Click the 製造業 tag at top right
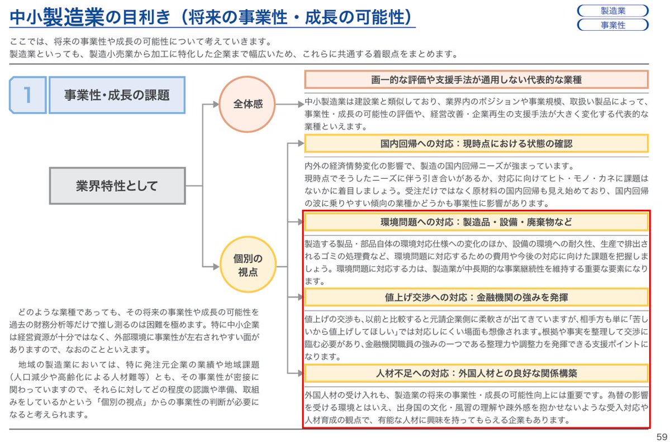[612, 11]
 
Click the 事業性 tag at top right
[612, 25]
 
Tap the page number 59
[662, 436]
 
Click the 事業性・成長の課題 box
[117, 95]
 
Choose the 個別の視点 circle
[248, 265]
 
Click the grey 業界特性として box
[117, 185]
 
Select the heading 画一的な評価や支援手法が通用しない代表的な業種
[476, 79]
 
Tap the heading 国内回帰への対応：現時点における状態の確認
[476, 143]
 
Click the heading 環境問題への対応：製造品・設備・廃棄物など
[476, 222]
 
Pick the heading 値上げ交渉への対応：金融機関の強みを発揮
[476, 297]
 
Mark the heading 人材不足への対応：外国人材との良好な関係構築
[476, 373]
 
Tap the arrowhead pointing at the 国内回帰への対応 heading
[300, 143]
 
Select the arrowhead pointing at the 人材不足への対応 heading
[300, 373]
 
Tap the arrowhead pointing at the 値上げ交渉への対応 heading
[300, 297]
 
